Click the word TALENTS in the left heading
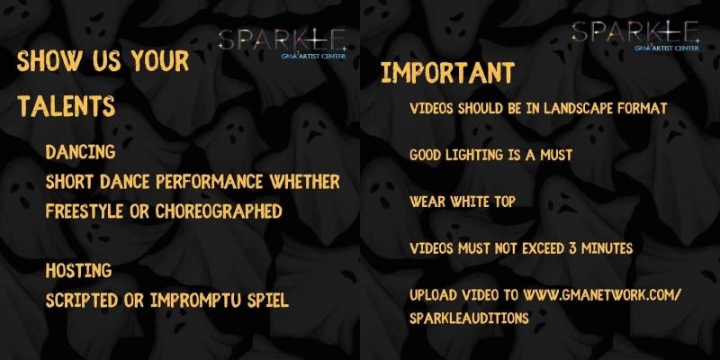67,106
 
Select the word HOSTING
78,270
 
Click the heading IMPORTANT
447,73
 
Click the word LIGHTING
485,155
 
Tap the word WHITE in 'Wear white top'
467,201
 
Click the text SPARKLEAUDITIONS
469,318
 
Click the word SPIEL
266,300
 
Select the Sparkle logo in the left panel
282,43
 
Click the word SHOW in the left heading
45,62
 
